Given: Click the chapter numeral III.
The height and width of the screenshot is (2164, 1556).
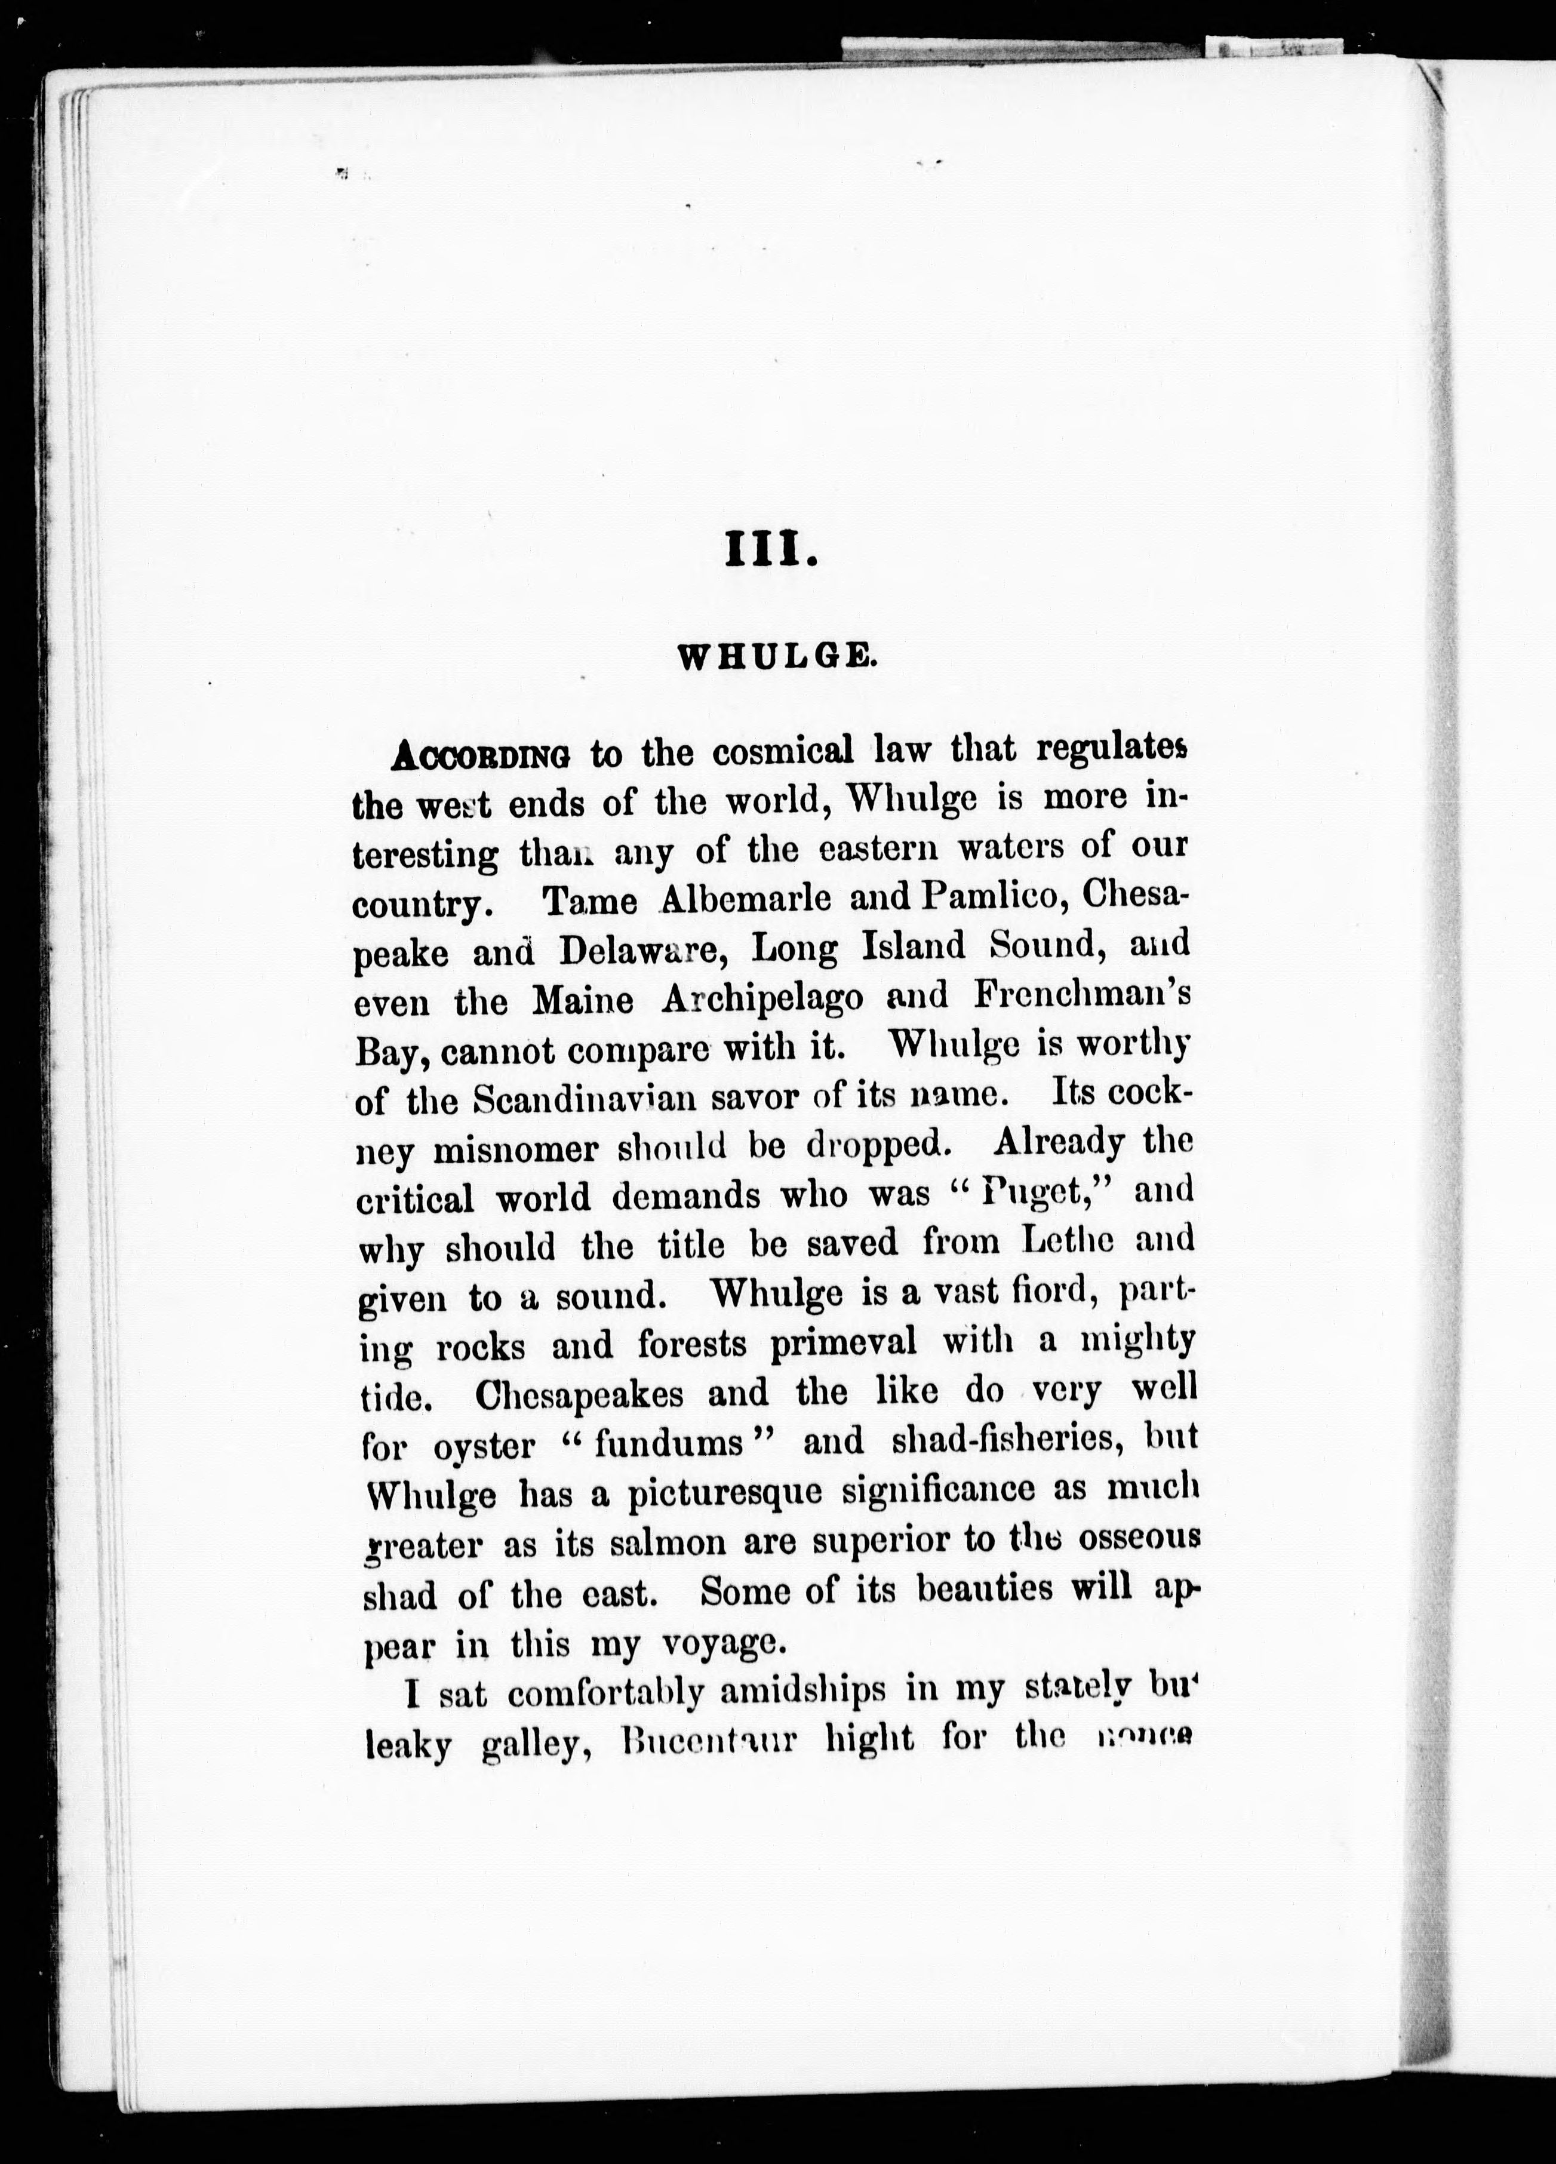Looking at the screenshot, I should click(x=771, y=552).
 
